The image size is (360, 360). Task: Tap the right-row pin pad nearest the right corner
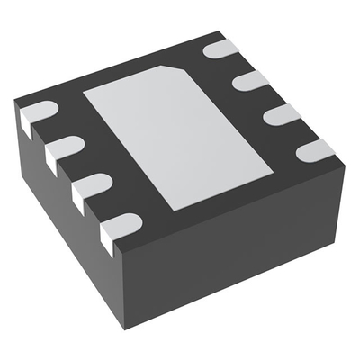click(314, 149)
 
